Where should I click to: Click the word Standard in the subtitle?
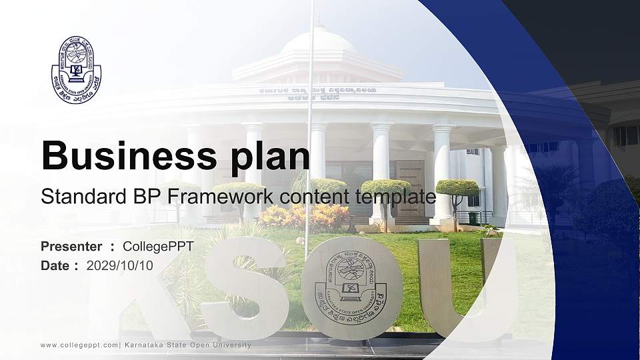[75, 197]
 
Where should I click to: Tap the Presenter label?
[71, 247]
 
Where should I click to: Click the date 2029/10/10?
[120, 265]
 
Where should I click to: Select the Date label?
[55, 265]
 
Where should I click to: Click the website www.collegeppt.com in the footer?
[79, 345]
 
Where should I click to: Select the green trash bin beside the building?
[473, 218]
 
